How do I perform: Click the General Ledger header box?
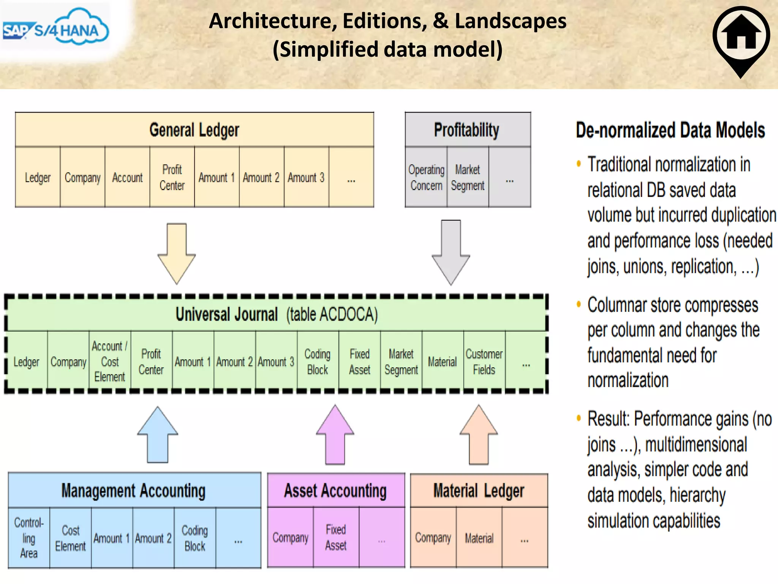coord(194,130)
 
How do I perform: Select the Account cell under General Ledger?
coord(127,178)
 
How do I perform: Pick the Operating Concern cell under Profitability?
coord(426,178)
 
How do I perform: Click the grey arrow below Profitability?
coord(451,252)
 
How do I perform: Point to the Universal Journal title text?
coord(277,314)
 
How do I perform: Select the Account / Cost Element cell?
coord(110,361)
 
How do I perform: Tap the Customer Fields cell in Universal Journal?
coord(484,361)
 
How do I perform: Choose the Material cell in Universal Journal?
coord(442,362)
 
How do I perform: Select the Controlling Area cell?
coord(29,538)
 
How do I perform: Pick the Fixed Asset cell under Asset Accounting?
coord(336,537)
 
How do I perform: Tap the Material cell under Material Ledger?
coord(479,538)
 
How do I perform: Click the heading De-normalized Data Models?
coord(670,130)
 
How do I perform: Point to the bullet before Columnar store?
coord(579,304)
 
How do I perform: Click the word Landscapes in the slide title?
coord(511,21)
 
